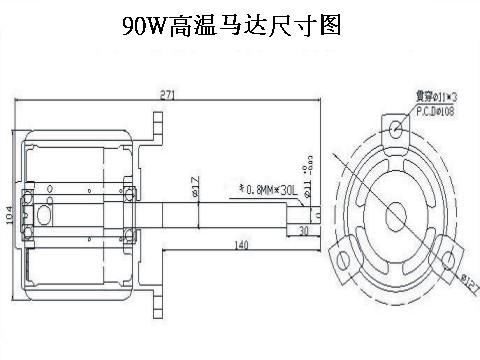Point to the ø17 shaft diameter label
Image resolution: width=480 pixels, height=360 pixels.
coord(194,185)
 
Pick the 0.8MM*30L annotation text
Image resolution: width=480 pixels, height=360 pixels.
coord(263,186)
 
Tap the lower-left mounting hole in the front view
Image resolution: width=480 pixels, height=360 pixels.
coord(345,261)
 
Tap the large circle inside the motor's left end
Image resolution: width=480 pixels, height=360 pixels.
coord(44,213)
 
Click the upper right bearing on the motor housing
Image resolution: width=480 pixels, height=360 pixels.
coord(129,191)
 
